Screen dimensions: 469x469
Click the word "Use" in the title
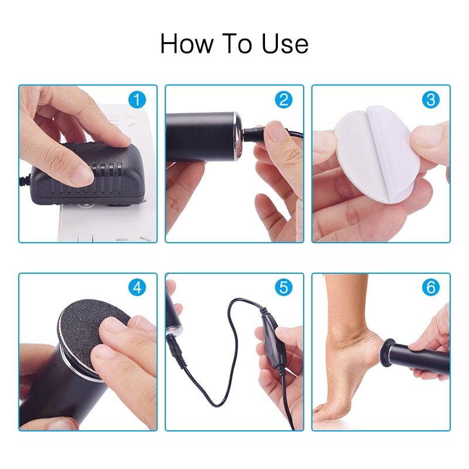(286, 45)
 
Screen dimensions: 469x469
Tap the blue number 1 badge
(137, 100)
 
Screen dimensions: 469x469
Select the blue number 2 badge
(284, 100)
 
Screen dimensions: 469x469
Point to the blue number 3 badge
(430, 100)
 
